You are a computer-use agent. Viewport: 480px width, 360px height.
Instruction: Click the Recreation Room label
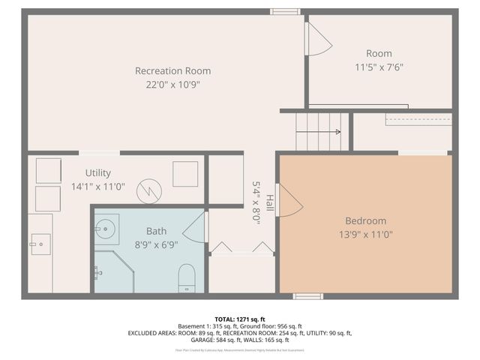(x=172, y=70)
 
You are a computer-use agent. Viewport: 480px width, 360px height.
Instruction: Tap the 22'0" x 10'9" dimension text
(x=172, y=84)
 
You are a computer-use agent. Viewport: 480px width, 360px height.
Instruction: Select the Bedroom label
(x=365, y=220)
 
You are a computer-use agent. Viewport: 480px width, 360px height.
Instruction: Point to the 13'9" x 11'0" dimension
(x=365, y=234)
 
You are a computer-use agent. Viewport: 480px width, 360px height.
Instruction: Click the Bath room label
(x=156, y=231)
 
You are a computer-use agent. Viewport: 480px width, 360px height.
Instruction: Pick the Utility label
(x=97, y=172)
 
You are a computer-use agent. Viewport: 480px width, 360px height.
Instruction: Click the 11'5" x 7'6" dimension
(x=379, y=66)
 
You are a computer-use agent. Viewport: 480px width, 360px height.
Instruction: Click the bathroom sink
(x=105, y=229)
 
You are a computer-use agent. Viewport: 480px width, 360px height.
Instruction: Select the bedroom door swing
(x=289, y=201)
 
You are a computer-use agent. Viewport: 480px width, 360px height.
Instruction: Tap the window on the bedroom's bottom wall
(x=307, y=296)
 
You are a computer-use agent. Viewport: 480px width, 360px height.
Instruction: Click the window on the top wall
(x=285, y=11)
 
